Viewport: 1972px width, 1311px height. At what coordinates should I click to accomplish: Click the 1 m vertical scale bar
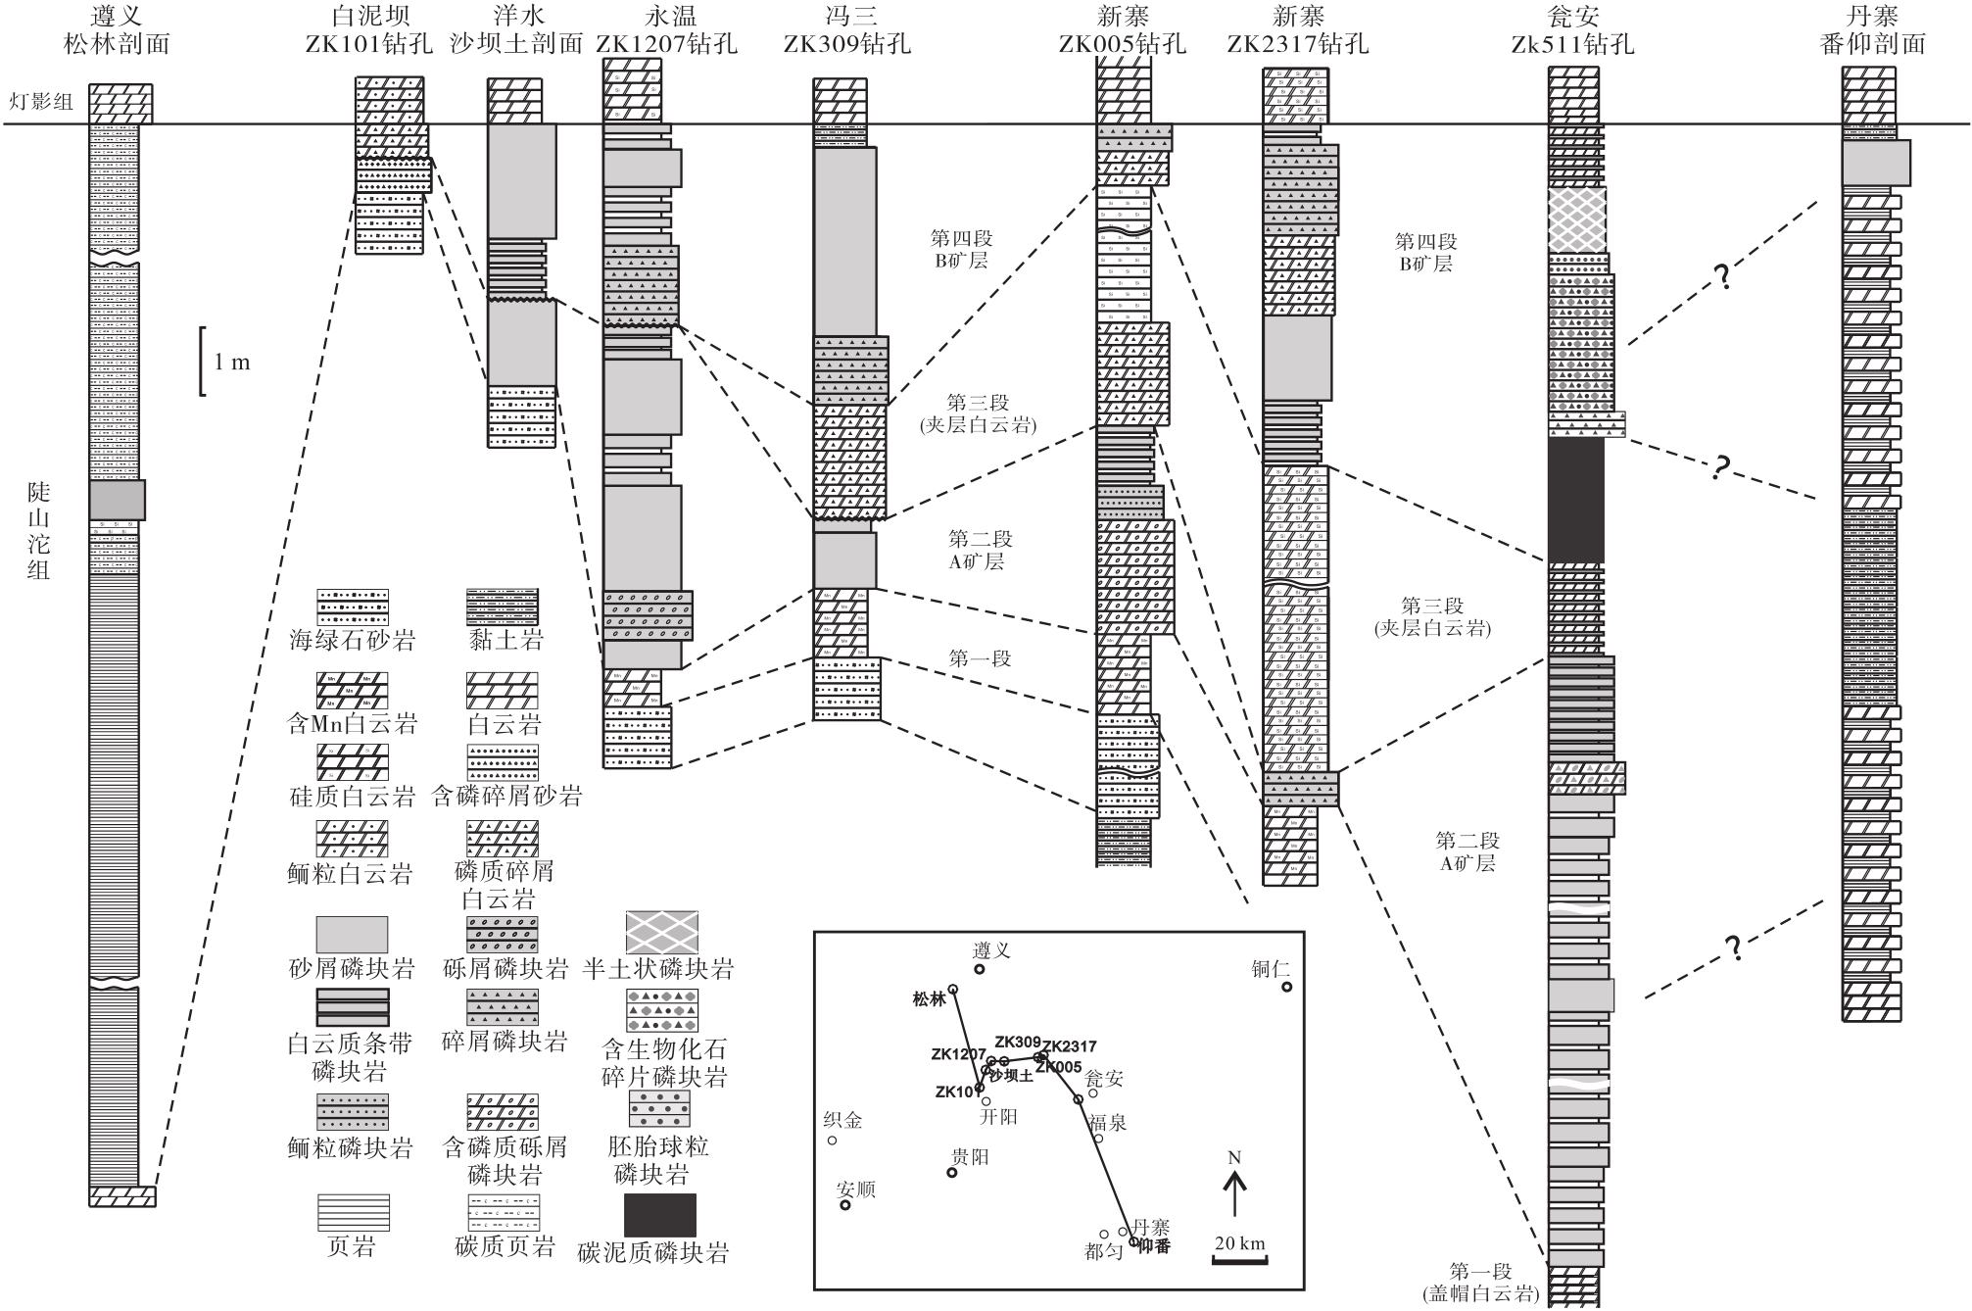pos(203,362)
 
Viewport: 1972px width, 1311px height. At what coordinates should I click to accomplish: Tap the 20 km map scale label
pos(1239,1243)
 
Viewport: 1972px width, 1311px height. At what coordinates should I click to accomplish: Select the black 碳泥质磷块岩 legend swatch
pos(660,1215)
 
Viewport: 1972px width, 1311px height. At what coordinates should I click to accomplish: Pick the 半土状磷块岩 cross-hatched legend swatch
pos(662,932)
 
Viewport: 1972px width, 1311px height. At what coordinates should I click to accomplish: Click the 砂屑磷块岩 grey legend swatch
pos(352,934)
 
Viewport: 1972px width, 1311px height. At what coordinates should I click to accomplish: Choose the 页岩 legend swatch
pos(353,1212)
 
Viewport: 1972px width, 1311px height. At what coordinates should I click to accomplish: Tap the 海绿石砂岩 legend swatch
pos(353,607)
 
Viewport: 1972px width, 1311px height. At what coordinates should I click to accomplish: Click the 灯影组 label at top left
pos(42,102)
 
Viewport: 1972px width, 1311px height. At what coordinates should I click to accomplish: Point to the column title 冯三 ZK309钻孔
pos(848,30)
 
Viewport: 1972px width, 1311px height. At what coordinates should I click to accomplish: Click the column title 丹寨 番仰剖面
pos(1872,30)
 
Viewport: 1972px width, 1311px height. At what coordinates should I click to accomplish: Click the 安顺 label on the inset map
pos(855,1190)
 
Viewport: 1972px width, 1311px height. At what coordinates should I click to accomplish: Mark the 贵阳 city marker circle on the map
pos(951,1172)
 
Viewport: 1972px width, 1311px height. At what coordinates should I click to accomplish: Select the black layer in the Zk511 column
pos(1575,500)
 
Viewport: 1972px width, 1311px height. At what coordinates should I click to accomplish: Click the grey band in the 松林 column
pos(118,500)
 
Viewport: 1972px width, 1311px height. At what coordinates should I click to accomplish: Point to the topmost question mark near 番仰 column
pos(1721,277)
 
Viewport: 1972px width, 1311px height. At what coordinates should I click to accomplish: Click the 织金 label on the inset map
pos(842,1120)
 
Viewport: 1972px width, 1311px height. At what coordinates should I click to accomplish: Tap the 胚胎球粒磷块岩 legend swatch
pos(660,1108)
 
